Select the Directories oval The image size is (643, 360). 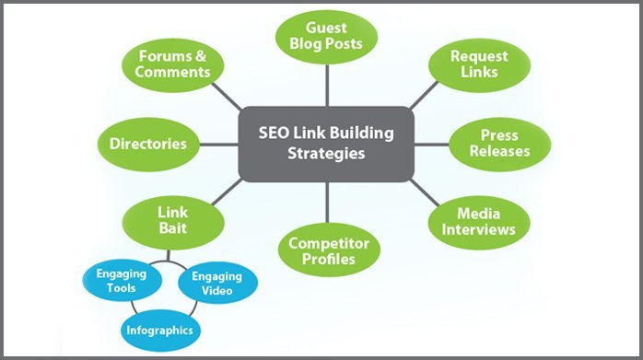147,144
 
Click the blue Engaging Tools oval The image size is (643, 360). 115,281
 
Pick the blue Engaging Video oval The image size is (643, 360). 216,283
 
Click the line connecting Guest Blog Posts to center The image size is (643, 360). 326,87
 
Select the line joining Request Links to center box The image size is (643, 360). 423,97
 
